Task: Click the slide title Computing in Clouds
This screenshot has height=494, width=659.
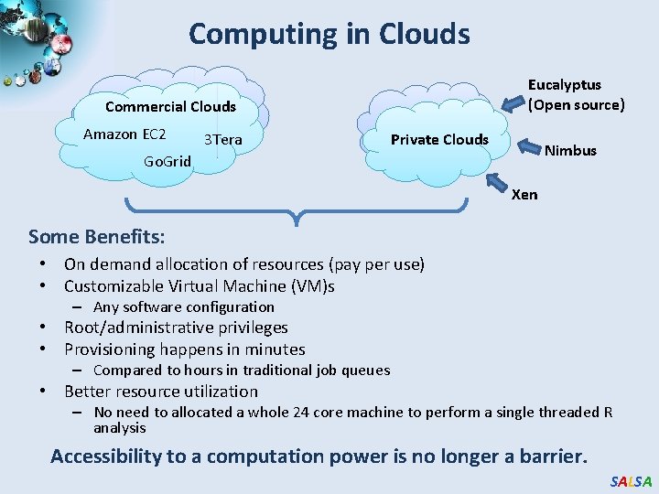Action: coord(329,34)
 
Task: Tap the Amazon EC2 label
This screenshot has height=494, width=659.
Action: coord(124,134)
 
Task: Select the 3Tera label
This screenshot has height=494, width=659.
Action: coord(222,139)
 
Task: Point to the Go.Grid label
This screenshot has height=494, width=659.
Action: coord(167,161)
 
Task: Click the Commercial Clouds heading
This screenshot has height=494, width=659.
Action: coord(170,106)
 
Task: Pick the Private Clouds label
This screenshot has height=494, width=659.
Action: coord(439,139)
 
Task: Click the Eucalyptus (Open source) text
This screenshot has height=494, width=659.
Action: coord(576,94)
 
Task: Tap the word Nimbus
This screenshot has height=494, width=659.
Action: coord(570,150)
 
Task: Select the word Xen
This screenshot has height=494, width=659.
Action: coord(524,194)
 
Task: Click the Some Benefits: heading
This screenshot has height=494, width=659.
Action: coord(97,237)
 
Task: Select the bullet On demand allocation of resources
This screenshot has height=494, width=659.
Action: coord(243,264)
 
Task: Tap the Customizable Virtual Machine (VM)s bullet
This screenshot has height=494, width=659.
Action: coord(199,286)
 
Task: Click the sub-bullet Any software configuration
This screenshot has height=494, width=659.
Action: coord(183,307)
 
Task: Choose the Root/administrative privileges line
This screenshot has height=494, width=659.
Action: coord(176,328)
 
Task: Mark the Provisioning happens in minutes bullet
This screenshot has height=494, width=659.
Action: coord(184,349)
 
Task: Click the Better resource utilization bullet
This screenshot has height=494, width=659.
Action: coord(161,392)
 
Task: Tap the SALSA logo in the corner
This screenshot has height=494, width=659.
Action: coord(631,481)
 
